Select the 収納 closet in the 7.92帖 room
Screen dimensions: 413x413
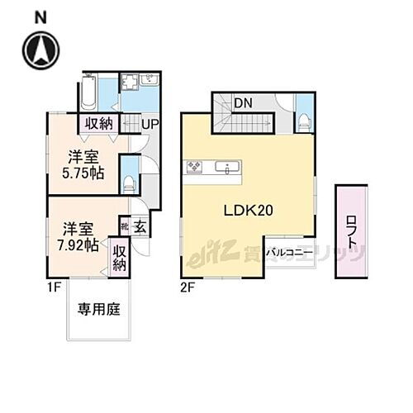[x=120, y=257]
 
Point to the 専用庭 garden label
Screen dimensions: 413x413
[x=99, y=311]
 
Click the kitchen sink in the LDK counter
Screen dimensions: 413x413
[x=224, y=167]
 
